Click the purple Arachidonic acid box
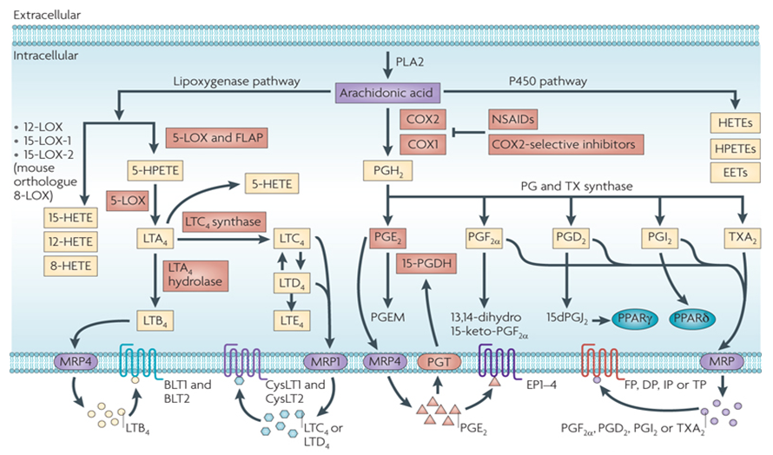click(x=386, y=91)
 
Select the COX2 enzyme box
click(x=421, y=117)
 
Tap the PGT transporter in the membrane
click(x=439, y=359)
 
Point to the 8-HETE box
click(x=71, y=266)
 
